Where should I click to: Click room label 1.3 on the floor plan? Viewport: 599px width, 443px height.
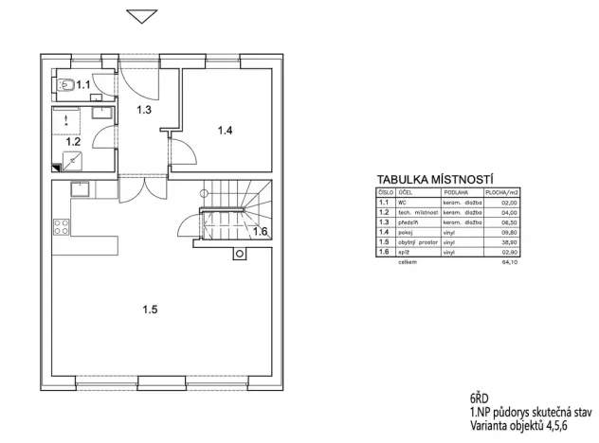pyautogui.click(x=144, y=111)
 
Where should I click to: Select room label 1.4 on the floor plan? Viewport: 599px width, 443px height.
pyautogui.click(x=225, y=131)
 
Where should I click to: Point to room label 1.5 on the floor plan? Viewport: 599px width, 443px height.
pyautogui.click(x=150, y=309)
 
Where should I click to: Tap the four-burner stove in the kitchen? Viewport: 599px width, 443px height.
pyautogui.click(x=61, y=227)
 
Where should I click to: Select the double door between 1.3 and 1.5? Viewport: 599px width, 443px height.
pyautogui.click(x=145, y=186)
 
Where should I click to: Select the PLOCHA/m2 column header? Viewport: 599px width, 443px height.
pyautogui.click(x=502, y=191)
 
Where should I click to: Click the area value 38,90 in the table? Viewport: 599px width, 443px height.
pyautogui.click(x=511, y=242)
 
